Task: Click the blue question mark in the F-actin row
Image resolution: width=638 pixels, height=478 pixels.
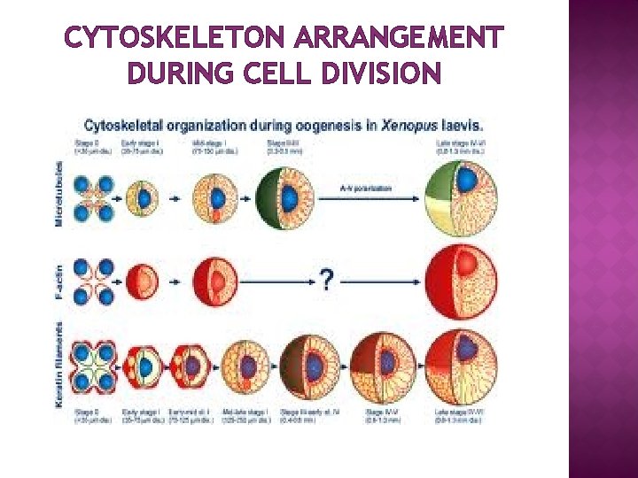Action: [x=327, y=281]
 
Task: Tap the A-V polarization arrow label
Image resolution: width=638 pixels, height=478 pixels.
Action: [x=365, y=189]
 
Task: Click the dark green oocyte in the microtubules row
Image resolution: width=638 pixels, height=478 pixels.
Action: [x=285, y=198]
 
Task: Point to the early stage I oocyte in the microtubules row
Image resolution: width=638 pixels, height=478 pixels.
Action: [x=144, y=198]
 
